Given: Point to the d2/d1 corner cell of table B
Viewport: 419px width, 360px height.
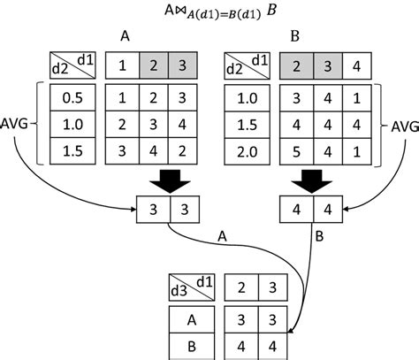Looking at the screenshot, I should tap(247, 65).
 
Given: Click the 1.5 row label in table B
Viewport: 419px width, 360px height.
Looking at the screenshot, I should tap(247, 126).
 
